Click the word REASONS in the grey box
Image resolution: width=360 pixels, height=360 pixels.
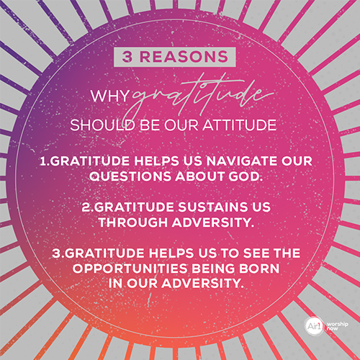pyautogui.click(x=184, y=57)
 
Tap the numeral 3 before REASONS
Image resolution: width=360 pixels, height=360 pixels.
pyautogui.click(x=127, y=57)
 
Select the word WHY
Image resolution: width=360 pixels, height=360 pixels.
pyautogui.click(x=110, y=96)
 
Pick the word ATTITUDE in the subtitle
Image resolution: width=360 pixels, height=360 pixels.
pyautogui.click(x=240, y=125)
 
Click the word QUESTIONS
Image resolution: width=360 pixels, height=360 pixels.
pyautogui.click(x=130, y=176)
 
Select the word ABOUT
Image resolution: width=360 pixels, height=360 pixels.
pyautogui.click(x=199, y=176)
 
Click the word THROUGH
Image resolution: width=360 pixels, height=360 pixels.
pyautogui.click(x=133, y=222)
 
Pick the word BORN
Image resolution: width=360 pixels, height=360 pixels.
pyautogui.click(x=259, y=269)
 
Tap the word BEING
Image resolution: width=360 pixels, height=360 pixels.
pyautogui.click(x=213, y=269)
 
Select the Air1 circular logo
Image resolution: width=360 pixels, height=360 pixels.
pyautogui.click(x=315, y=326)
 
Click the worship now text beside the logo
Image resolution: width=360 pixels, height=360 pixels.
pyautogui.click(x=337, y=326)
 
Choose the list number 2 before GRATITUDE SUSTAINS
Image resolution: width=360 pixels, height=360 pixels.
pyautogui.click(x=86, y=207)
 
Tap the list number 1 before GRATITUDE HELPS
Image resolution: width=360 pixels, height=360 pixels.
pyautogui.click(x=44, y=161)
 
